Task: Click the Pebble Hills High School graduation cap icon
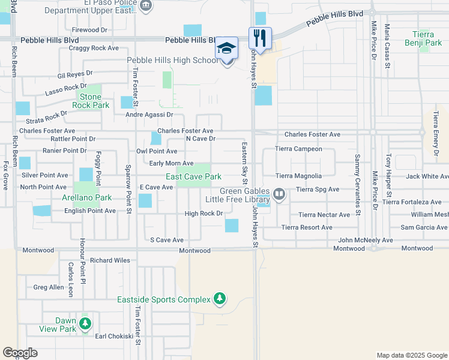(227, 48)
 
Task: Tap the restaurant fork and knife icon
(260, 38)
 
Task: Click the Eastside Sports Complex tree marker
(220, 298)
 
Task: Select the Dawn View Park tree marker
(85, 324)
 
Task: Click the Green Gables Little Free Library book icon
(279, 194)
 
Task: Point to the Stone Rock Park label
(91, 101)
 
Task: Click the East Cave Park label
(194, 176)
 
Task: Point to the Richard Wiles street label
(110, 261)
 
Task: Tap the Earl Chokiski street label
(114, 336)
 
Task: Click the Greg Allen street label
(49, 287)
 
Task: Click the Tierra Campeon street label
(298, 149)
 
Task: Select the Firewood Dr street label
(89, 29)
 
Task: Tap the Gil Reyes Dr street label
(75, 74)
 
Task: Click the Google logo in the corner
(20, 353)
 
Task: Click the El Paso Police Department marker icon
(146, 5)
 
